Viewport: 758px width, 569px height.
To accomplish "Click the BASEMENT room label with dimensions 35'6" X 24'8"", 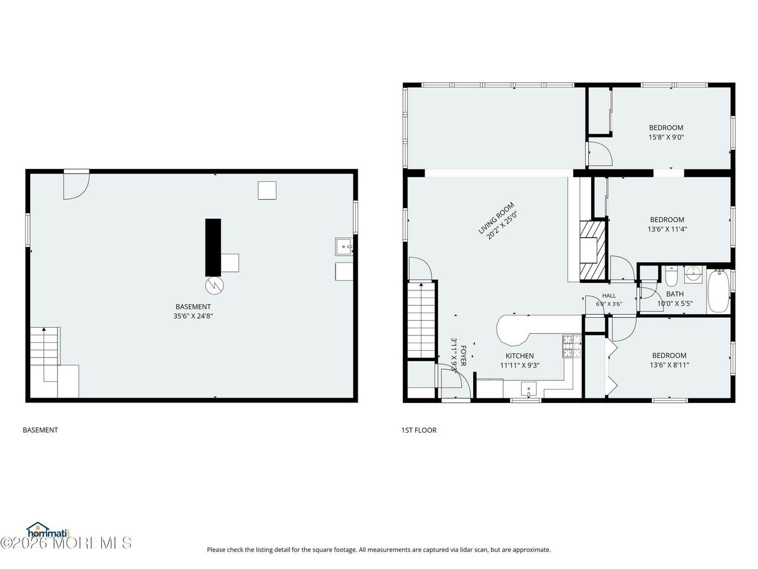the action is point(192,306).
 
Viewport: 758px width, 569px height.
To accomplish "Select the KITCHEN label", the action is point(519,356).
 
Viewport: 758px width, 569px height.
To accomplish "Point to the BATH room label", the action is point(675,294).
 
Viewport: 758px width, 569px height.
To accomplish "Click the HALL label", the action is point(609,295).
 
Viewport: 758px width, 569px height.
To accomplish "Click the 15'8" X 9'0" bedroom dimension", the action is point(666,137).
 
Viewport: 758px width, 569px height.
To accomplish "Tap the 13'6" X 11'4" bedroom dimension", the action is point(667,229).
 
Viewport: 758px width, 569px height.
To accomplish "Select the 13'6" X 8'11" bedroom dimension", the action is point(669,365).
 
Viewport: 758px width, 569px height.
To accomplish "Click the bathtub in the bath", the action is point(718,291).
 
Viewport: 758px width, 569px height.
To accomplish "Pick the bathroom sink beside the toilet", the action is point(692,274).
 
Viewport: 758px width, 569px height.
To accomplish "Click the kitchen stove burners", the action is point(571,346).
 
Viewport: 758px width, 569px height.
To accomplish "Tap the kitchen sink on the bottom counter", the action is point(528,390).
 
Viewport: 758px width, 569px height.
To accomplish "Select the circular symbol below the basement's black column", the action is point(214,285).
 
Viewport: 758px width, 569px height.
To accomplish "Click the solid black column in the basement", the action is point(213,247).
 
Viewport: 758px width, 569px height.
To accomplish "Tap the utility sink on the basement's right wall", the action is point(343,247).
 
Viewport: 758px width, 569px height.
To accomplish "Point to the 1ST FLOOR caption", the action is point(419,430).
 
